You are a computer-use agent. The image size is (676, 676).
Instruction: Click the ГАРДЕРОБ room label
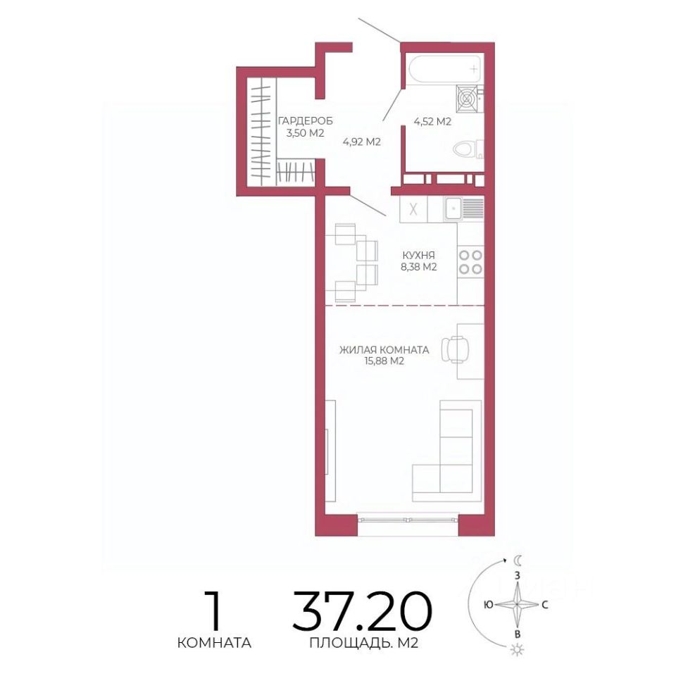point(306,120)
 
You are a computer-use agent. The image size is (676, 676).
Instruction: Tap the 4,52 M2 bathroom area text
point(432,122)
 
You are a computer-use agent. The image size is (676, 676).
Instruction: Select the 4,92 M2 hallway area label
point(362,142)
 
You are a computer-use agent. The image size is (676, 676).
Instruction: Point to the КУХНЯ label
point(418,255)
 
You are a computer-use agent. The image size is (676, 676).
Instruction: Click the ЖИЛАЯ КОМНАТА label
point(384,350)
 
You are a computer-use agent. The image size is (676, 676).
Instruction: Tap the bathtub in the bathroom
point(445,69)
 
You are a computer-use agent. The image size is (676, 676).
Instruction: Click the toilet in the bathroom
point(468,149)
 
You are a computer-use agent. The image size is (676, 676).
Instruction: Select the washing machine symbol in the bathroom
point(468,99)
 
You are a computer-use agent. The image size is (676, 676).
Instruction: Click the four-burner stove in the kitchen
point(470,262)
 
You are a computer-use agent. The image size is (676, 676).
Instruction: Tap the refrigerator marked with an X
point(413,210)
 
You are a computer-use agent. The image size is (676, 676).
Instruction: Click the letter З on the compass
point(518,575)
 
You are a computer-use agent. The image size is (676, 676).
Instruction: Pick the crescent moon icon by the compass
point(518,561)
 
